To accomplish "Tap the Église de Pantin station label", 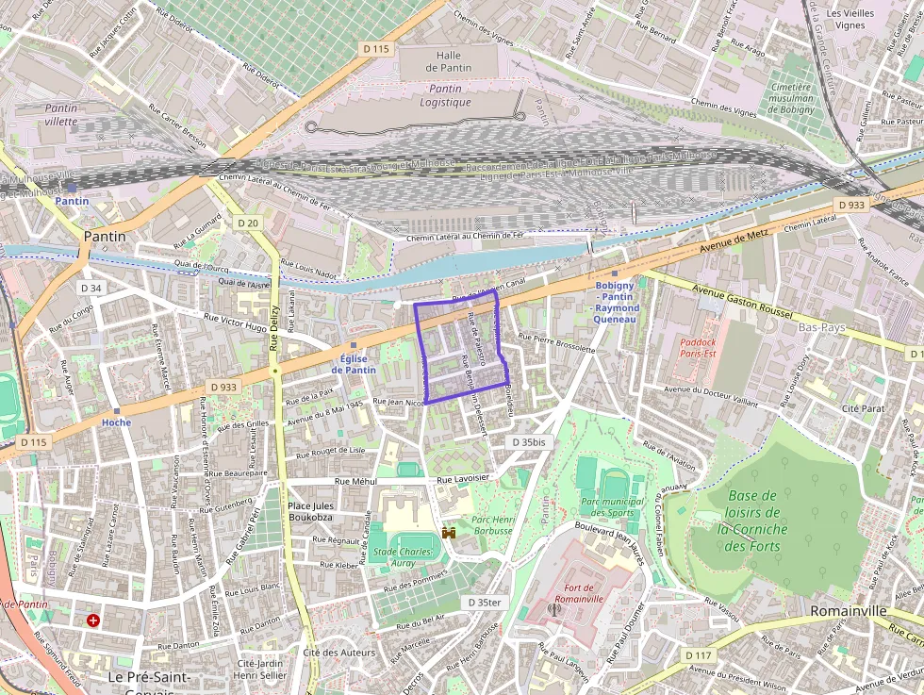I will click(354, 364).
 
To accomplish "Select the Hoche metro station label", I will click(116, 422).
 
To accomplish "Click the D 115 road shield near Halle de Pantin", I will click(375, 48).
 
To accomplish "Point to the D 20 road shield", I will click(248, 223).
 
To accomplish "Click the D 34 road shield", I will click(91, 288).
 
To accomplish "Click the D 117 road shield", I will click(698, 654).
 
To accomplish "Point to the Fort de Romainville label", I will click(578, 593).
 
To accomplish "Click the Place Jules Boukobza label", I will click(311, 511).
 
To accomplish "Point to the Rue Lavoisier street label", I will click(463, 478).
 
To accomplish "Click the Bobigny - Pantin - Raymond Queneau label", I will click(616, 303).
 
